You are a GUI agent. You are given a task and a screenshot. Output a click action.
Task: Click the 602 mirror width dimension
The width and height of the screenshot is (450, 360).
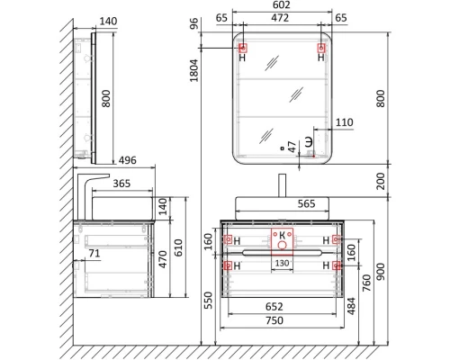tap(282, 5)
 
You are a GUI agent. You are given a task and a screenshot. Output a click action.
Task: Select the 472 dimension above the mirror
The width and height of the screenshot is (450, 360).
tap(280, 18)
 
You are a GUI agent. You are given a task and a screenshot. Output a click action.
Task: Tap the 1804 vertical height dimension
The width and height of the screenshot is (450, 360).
tap(194, 70)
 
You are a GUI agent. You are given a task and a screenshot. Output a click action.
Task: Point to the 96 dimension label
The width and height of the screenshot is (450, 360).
tap(194, 23)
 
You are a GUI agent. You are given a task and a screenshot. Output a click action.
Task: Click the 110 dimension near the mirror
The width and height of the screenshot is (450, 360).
tap(344, 122)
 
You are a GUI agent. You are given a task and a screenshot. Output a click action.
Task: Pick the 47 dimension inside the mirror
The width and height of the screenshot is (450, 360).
tap(292, 147)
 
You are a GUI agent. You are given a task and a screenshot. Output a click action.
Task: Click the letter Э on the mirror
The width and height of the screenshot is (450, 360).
tap(309, 142)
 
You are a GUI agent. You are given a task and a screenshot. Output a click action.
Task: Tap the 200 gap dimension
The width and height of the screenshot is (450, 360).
tap(381, 181)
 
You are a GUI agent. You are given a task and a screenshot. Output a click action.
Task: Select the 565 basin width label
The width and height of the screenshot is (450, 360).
tap(306, 203)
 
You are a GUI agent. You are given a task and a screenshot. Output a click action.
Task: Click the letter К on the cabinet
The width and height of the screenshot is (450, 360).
tap(282, 236)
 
